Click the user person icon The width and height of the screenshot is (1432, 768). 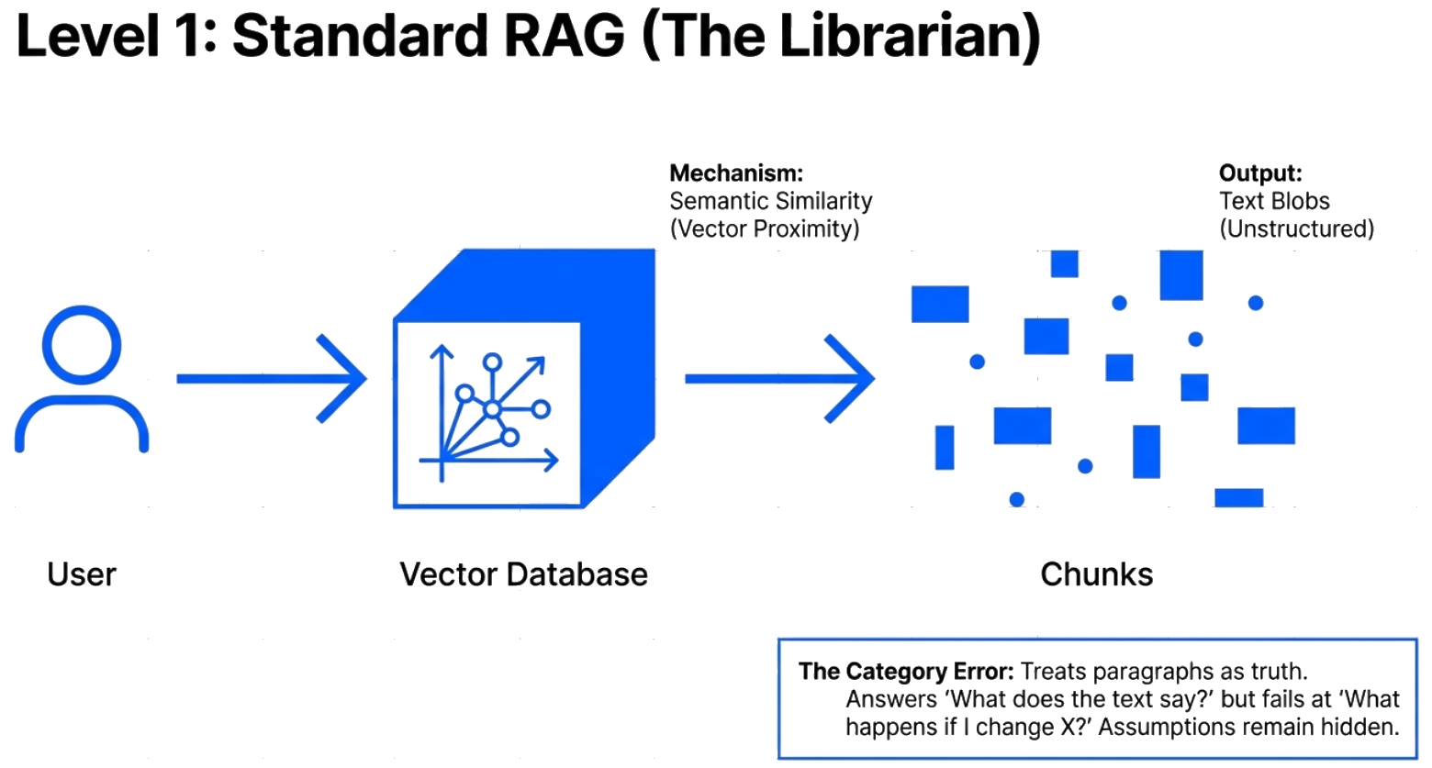click(82, 379)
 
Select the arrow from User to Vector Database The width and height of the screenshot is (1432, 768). click(272, 378)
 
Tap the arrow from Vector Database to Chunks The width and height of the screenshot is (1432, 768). click(779, 378)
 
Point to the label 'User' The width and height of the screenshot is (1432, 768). click(82, 574)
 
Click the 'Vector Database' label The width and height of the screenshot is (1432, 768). click(523, 574)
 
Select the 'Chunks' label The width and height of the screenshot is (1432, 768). click(1096, 574)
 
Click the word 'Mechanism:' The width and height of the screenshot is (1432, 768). click(736, 173)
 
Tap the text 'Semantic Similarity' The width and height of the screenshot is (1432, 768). click(771, 201)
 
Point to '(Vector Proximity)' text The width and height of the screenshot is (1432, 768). click(765, 228)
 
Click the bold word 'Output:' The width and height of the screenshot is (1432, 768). click(1260, 173)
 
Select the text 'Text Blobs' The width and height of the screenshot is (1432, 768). click(1274, 201)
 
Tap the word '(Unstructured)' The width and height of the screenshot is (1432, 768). click(1296, 228)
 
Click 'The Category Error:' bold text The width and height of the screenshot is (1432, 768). click(906, 672)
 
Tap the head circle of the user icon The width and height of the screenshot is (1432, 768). click(82, 344)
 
